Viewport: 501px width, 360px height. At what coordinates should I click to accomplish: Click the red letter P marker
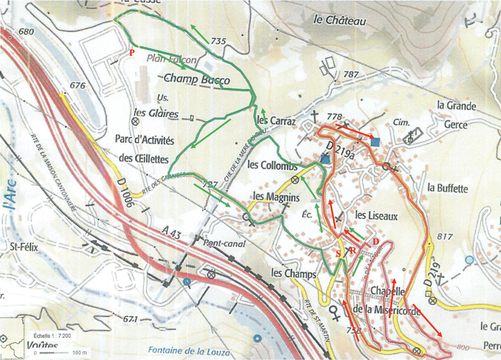[132, 53]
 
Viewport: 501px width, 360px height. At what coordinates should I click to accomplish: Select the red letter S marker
[339, 254]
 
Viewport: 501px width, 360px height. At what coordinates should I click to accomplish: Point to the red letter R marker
[353, 250]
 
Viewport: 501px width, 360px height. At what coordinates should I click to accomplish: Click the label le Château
[339, 20]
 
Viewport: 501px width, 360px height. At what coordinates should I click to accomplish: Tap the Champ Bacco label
[197, 79]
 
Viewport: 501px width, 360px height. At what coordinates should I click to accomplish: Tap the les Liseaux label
[376, 216]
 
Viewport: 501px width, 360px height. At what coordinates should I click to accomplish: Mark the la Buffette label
[448, 188]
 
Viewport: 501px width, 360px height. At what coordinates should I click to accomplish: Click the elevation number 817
[445, 236]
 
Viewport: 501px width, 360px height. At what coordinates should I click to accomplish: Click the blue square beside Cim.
[375, 141]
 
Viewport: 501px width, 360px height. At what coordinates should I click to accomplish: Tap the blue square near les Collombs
[325, 159]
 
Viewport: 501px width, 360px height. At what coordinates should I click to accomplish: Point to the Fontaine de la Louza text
[185, 350]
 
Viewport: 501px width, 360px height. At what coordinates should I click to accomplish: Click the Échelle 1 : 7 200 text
[52, 335]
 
